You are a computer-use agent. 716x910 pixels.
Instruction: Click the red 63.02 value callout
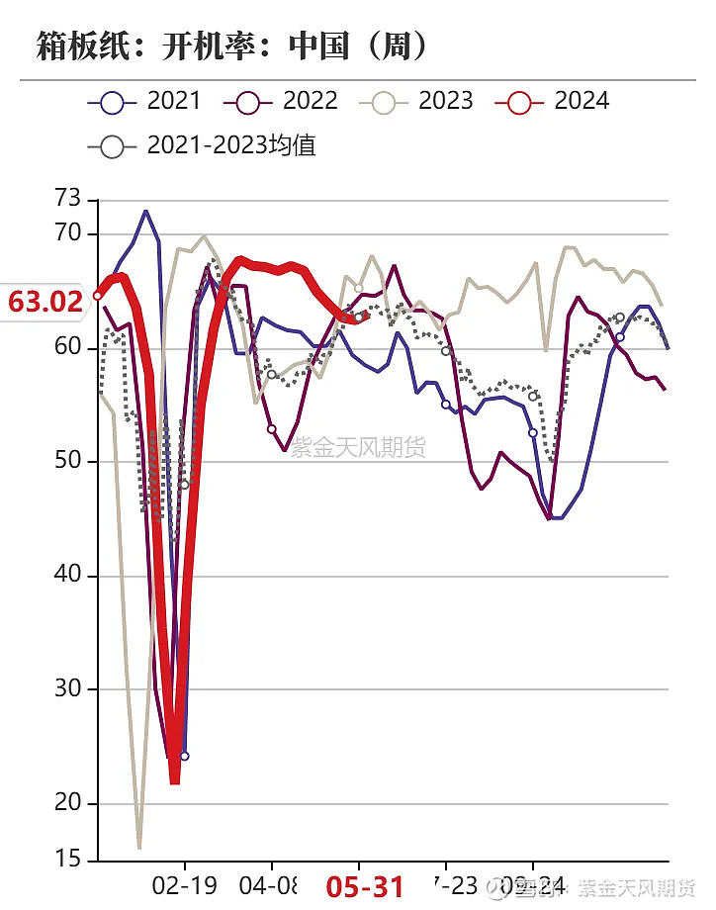tap(45, 301)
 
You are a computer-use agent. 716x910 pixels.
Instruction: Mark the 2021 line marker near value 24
tap(184, 756)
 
